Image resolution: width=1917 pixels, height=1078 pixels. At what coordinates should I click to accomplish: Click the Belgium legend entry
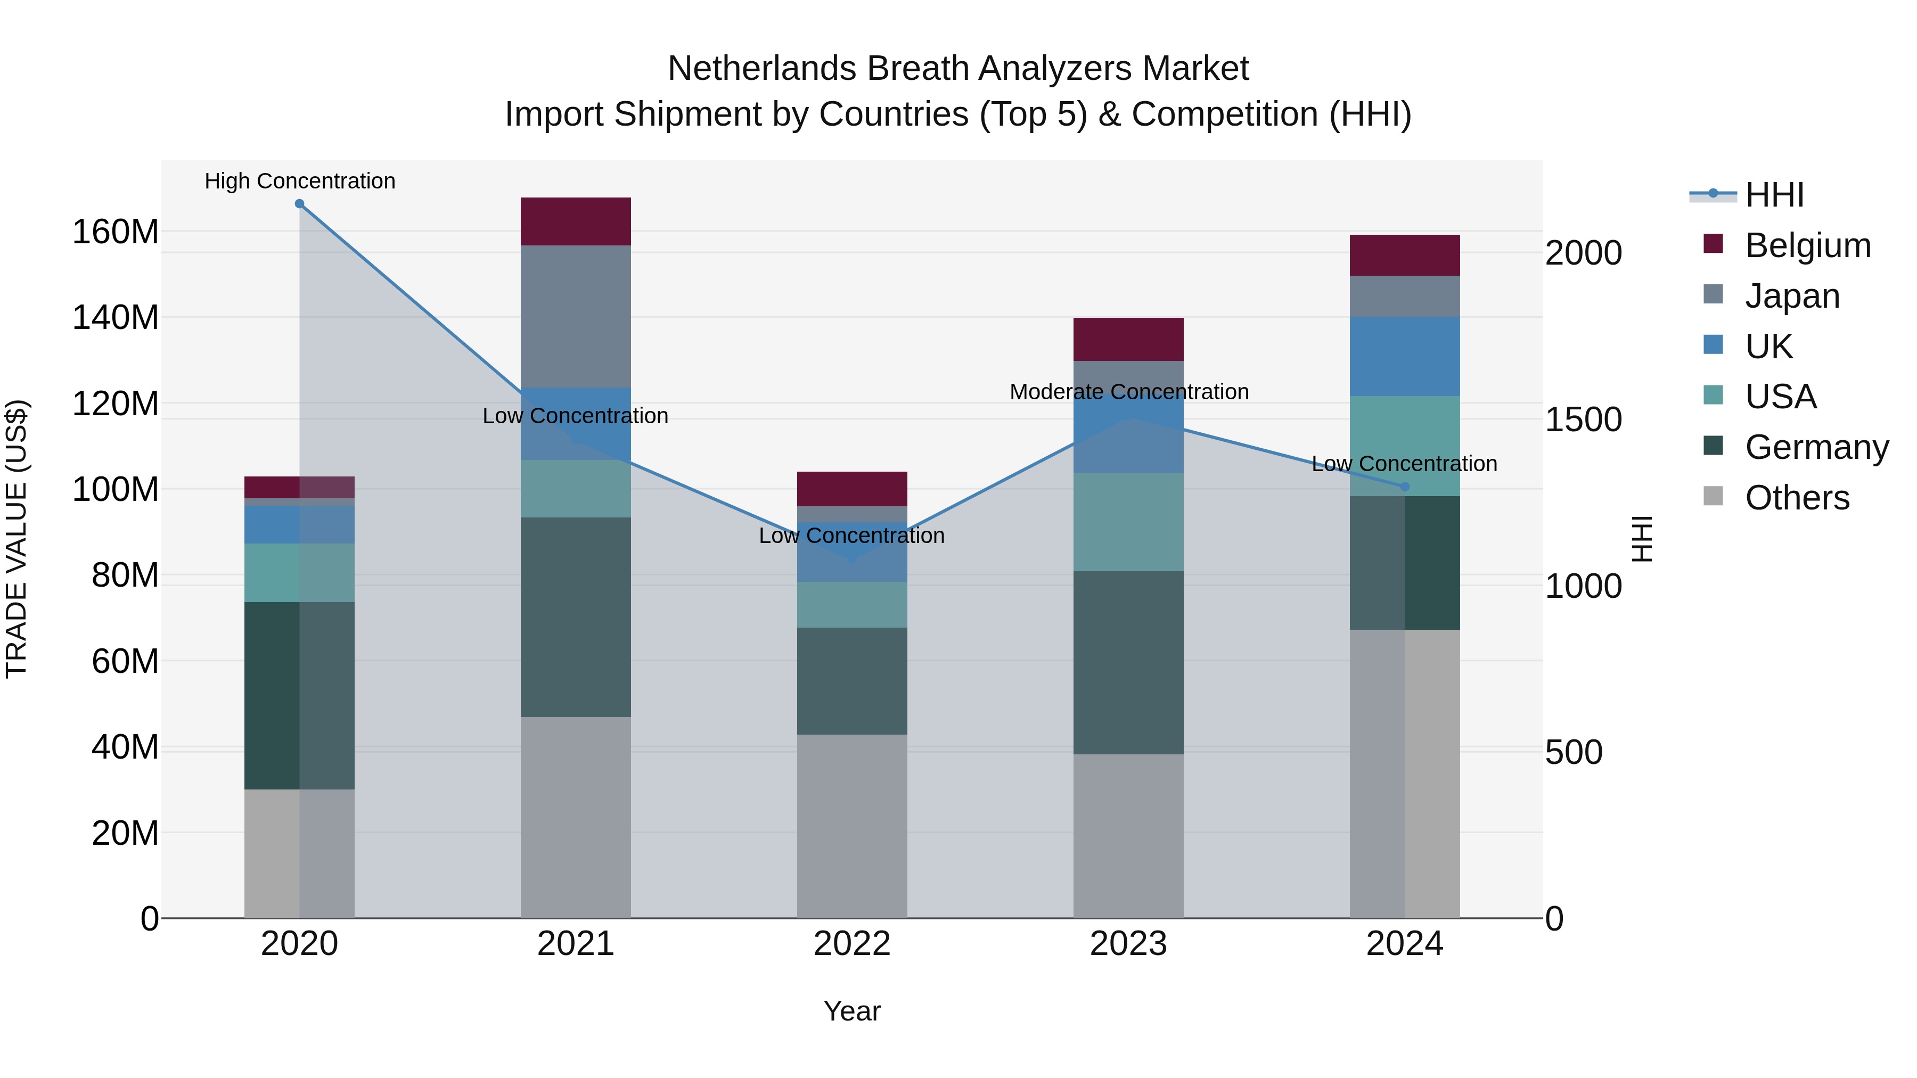pyautogui.click(x=1807, y=245)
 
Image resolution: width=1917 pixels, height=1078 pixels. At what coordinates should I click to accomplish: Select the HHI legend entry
pyautogui.click(x=1774, y=195)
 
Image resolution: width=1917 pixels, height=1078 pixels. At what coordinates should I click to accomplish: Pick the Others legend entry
pyautogui.click(x=1797, y=498)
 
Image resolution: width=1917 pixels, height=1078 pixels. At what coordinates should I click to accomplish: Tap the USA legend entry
pyautogui.click(x=1780, y=397)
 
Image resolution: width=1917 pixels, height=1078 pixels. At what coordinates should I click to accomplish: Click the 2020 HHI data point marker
pyautogui.click(x=299, y=204)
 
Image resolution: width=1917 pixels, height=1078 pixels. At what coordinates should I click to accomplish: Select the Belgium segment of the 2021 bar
pyautogui.click(x=575, y=221)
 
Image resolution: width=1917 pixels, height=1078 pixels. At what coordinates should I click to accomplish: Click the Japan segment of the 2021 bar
pyautogui.click(x=575, y=316)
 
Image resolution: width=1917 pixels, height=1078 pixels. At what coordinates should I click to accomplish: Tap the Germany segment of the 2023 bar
pyautogui.click(x=1128, y=662)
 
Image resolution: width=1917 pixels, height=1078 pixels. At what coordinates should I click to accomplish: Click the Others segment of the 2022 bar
pyautogui.click(x=852, y=826)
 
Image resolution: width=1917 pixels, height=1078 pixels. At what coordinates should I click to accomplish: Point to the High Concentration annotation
pyautogui.click(x=300, y=182)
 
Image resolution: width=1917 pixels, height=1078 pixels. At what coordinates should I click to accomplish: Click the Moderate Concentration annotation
pyautogui.click(x=1129, y=392)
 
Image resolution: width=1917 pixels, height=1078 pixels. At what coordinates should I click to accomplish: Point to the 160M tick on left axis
pyautogui.click(x=116, y=232)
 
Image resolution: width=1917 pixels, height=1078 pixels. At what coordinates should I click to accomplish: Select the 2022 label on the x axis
pyautogui.click(x=852, y=944)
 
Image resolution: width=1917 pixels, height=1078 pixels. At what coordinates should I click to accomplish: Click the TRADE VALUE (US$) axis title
pyautogui.click(x=17, y=539)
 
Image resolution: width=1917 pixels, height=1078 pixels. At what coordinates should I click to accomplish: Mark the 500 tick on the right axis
pyautogui.click(x=1573, y=753)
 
